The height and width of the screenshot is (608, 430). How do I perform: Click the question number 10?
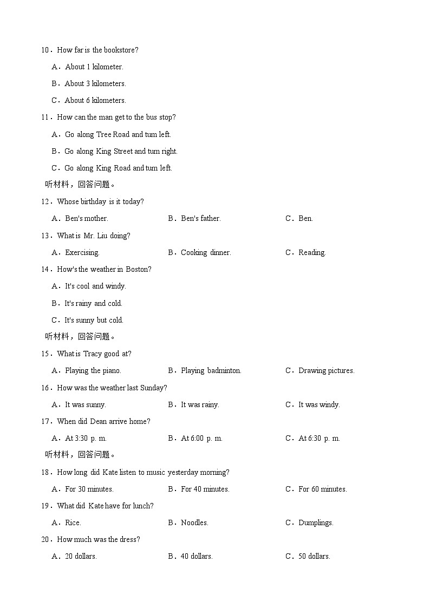45,50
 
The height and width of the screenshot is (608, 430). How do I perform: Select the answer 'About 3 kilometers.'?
95,84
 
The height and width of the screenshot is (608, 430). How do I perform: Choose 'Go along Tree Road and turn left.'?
118,134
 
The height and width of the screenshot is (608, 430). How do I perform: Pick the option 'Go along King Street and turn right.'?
121,152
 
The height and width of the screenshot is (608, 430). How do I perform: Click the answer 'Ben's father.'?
200,219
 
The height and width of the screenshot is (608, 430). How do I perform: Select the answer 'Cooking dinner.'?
206,253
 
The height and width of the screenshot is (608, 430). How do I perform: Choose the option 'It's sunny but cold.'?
94,321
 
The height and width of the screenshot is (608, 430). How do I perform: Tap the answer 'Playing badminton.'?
211,371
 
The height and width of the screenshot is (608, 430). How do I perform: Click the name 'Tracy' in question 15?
93,354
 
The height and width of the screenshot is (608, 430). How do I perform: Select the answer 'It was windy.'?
319,405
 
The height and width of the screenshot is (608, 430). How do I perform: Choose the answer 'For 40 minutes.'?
205,489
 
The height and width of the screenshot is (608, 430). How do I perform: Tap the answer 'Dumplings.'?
316,523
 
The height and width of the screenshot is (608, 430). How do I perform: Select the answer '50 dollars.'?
314,557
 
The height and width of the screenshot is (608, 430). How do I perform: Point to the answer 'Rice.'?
73,523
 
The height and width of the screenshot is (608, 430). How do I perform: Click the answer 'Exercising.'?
82,253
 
